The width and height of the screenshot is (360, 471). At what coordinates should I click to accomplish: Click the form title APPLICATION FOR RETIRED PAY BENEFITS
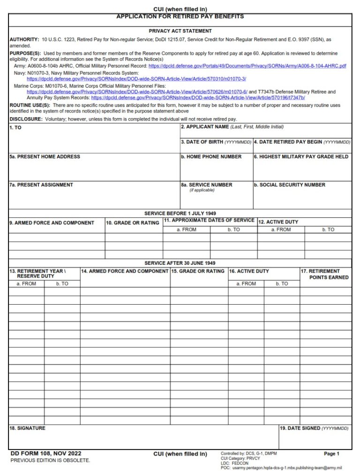point(180,16)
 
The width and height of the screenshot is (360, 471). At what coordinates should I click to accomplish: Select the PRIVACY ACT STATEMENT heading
point(180,31)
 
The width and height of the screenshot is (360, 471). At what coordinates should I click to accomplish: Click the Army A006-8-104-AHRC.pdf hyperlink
point(247,66)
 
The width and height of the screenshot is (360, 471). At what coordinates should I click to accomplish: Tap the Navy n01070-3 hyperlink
point(136,79)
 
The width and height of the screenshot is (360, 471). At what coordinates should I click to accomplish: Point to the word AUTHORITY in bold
point(24,40)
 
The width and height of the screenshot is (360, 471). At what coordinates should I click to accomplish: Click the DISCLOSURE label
point(26,119)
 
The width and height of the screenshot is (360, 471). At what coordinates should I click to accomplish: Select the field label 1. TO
point(15,128)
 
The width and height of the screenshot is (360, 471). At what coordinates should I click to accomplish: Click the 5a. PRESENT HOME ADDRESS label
point(45,157)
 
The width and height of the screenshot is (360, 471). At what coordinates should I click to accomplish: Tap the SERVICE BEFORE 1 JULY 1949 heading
point(180,213)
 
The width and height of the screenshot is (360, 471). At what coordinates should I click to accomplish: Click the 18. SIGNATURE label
point(27,428)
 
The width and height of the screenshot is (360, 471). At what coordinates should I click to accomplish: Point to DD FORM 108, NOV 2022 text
point(45,453)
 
